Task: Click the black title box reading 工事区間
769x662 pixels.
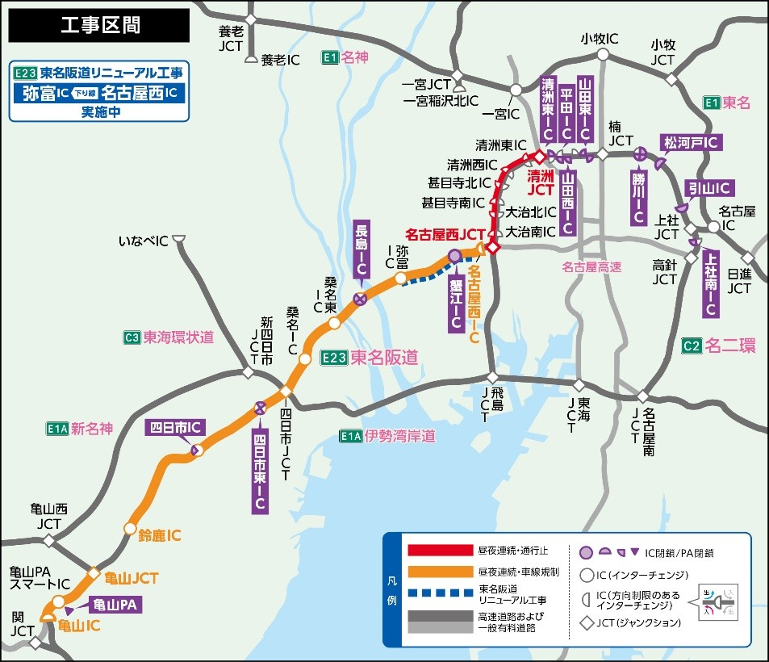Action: point(99,25)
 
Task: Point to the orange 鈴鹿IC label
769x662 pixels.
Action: point(160,535)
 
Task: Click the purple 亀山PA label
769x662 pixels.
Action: point(112,603)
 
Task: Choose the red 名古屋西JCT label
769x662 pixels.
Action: point(445,235)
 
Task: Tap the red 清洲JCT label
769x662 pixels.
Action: point(541,182)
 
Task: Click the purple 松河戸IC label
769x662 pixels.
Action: point(691,142)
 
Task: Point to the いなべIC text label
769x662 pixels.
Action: point(144,241)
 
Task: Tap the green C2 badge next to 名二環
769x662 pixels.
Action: point(692,346)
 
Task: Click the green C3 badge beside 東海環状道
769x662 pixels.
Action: point(132,337)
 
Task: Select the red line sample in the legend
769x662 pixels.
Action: point(440,551)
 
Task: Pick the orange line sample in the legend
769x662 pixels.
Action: point(440,572)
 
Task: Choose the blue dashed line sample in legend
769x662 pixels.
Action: point(440,594)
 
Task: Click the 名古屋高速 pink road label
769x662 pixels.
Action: point(592,266)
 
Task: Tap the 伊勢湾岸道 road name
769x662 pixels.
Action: point(399,436)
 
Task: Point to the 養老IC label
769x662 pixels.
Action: point(280,59)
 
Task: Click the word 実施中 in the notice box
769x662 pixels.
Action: point(99,112)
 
